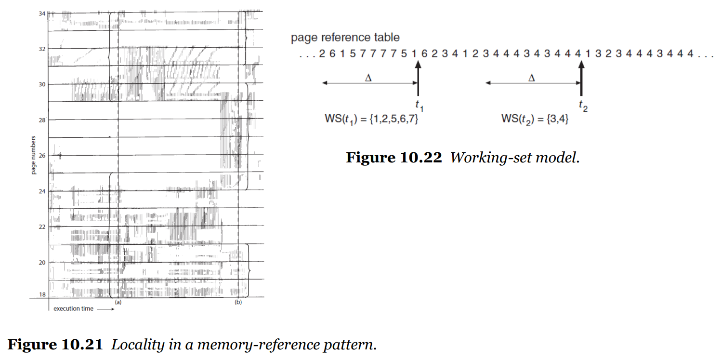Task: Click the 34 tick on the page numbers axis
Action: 42,13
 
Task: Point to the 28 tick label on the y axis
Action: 42,120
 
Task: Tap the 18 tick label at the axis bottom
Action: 42,294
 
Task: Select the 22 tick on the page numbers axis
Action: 42,227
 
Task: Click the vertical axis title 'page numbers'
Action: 33,155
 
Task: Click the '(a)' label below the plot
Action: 118,302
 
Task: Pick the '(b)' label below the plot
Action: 238,302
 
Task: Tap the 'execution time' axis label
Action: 73,309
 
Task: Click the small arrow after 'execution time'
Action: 105,309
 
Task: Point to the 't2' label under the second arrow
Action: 583,106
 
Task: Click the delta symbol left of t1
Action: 368,78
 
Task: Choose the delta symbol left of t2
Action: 532,78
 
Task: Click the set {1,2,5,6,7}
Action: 393,119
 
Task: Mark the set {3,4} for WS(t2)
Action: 558,119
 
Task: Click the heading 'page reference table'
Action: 345,38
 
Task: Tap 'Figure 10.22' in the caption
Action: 394,158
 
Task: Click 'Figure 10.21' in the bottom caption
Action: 55,345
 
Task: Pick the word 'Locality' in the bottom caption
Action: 138,345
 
